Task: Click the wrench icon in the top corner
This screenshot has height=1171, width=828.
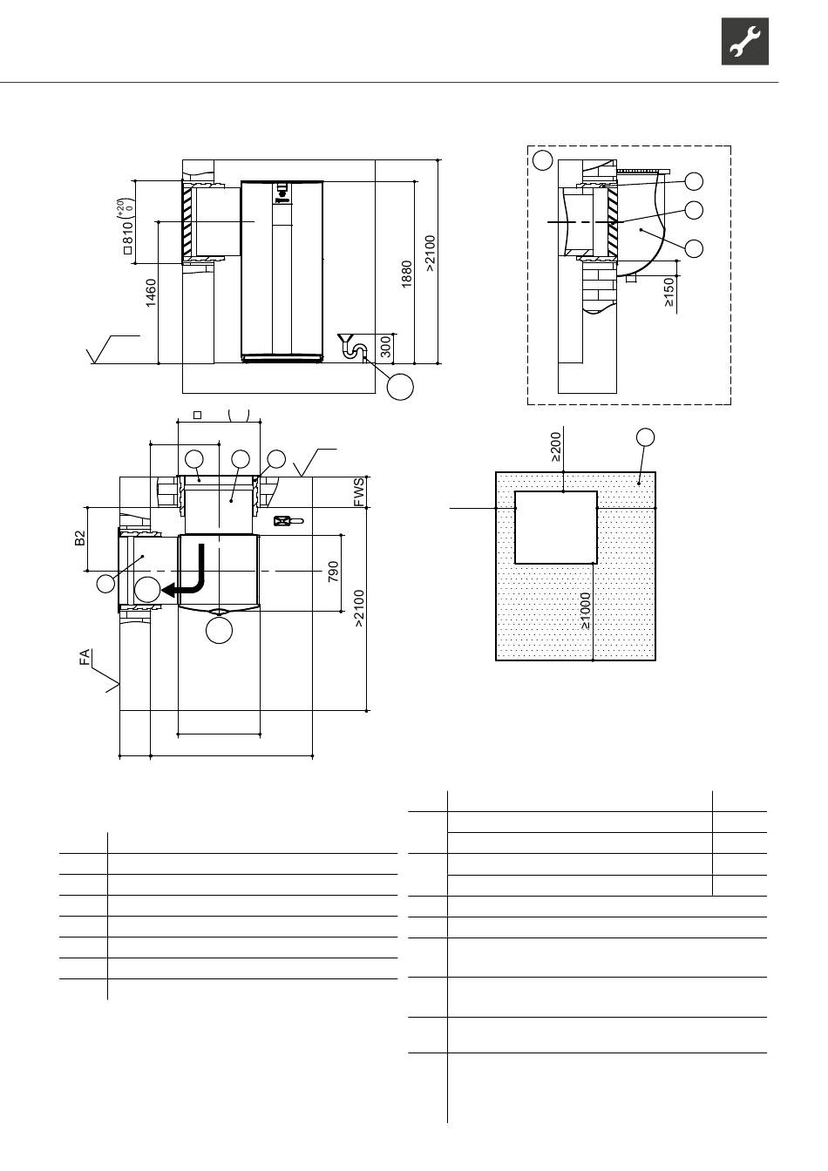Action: click(745, 41)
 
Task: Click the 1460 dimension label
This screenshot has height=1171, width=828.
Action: click(151, 293)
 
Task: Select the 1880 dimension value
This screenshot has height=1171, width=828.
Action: click(407, 274)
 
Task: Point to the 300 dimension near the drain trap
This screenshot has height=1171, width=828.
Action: click(385, 347)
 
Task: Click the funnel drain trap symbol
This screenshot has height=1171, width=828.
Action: click(353, 346)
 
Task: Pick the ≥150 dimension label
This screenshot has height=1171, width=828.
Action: click(669, 292)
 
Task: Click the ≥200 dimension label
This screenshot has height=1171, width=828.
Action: click(556, 447)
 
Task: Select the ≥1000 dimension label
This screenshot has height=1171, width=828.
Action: click(586, 611)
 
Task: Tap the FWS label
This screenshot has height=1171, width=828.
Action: click(359, 492)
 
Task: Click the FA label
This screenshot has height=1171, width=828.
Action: click(85, 657)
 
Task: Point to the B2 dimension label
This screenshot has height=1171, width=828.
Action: click(79, 538)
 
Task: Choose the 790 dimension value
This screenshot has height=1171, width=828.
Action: click(333, 572)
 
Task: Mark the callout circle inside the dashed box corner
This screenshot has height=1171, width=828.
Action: click(543, 160)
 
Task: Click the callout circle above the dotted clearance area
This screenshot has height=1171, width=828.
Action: click(646, 437)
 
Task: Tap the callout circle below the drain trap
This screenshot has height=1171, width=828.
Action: click(400, 387)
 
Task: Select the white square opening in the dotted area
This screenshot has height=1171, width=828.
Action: click(556, 527)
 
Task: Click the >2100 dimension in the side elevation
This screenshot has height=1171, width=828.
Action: click(430, 254)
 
